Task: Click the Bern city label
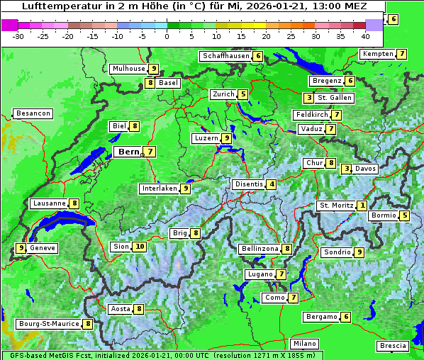coord(128,152)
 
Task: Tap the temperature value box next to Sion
coord(140,247)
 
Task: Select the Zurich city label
coord(223,94)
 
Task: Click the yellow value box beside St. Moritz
coord(362,206)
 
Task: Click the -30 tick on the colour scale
coord(18,36)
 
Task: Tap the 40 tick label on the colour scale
coord(365,36)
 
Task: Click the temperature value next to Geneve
coord(21,248)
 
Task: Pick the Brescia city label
coord(393,346)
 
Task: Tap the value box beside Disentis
coord(272,184)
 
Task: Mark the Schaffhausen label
coord(226,56)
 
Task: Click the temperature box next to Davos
coord(346,169)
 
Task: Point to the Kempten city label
coord(377,54)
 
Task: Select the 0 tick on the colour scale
coord(167,36)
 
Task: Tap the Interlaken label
coord(159,189)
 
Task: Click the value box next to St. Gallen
coord(308,98)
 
